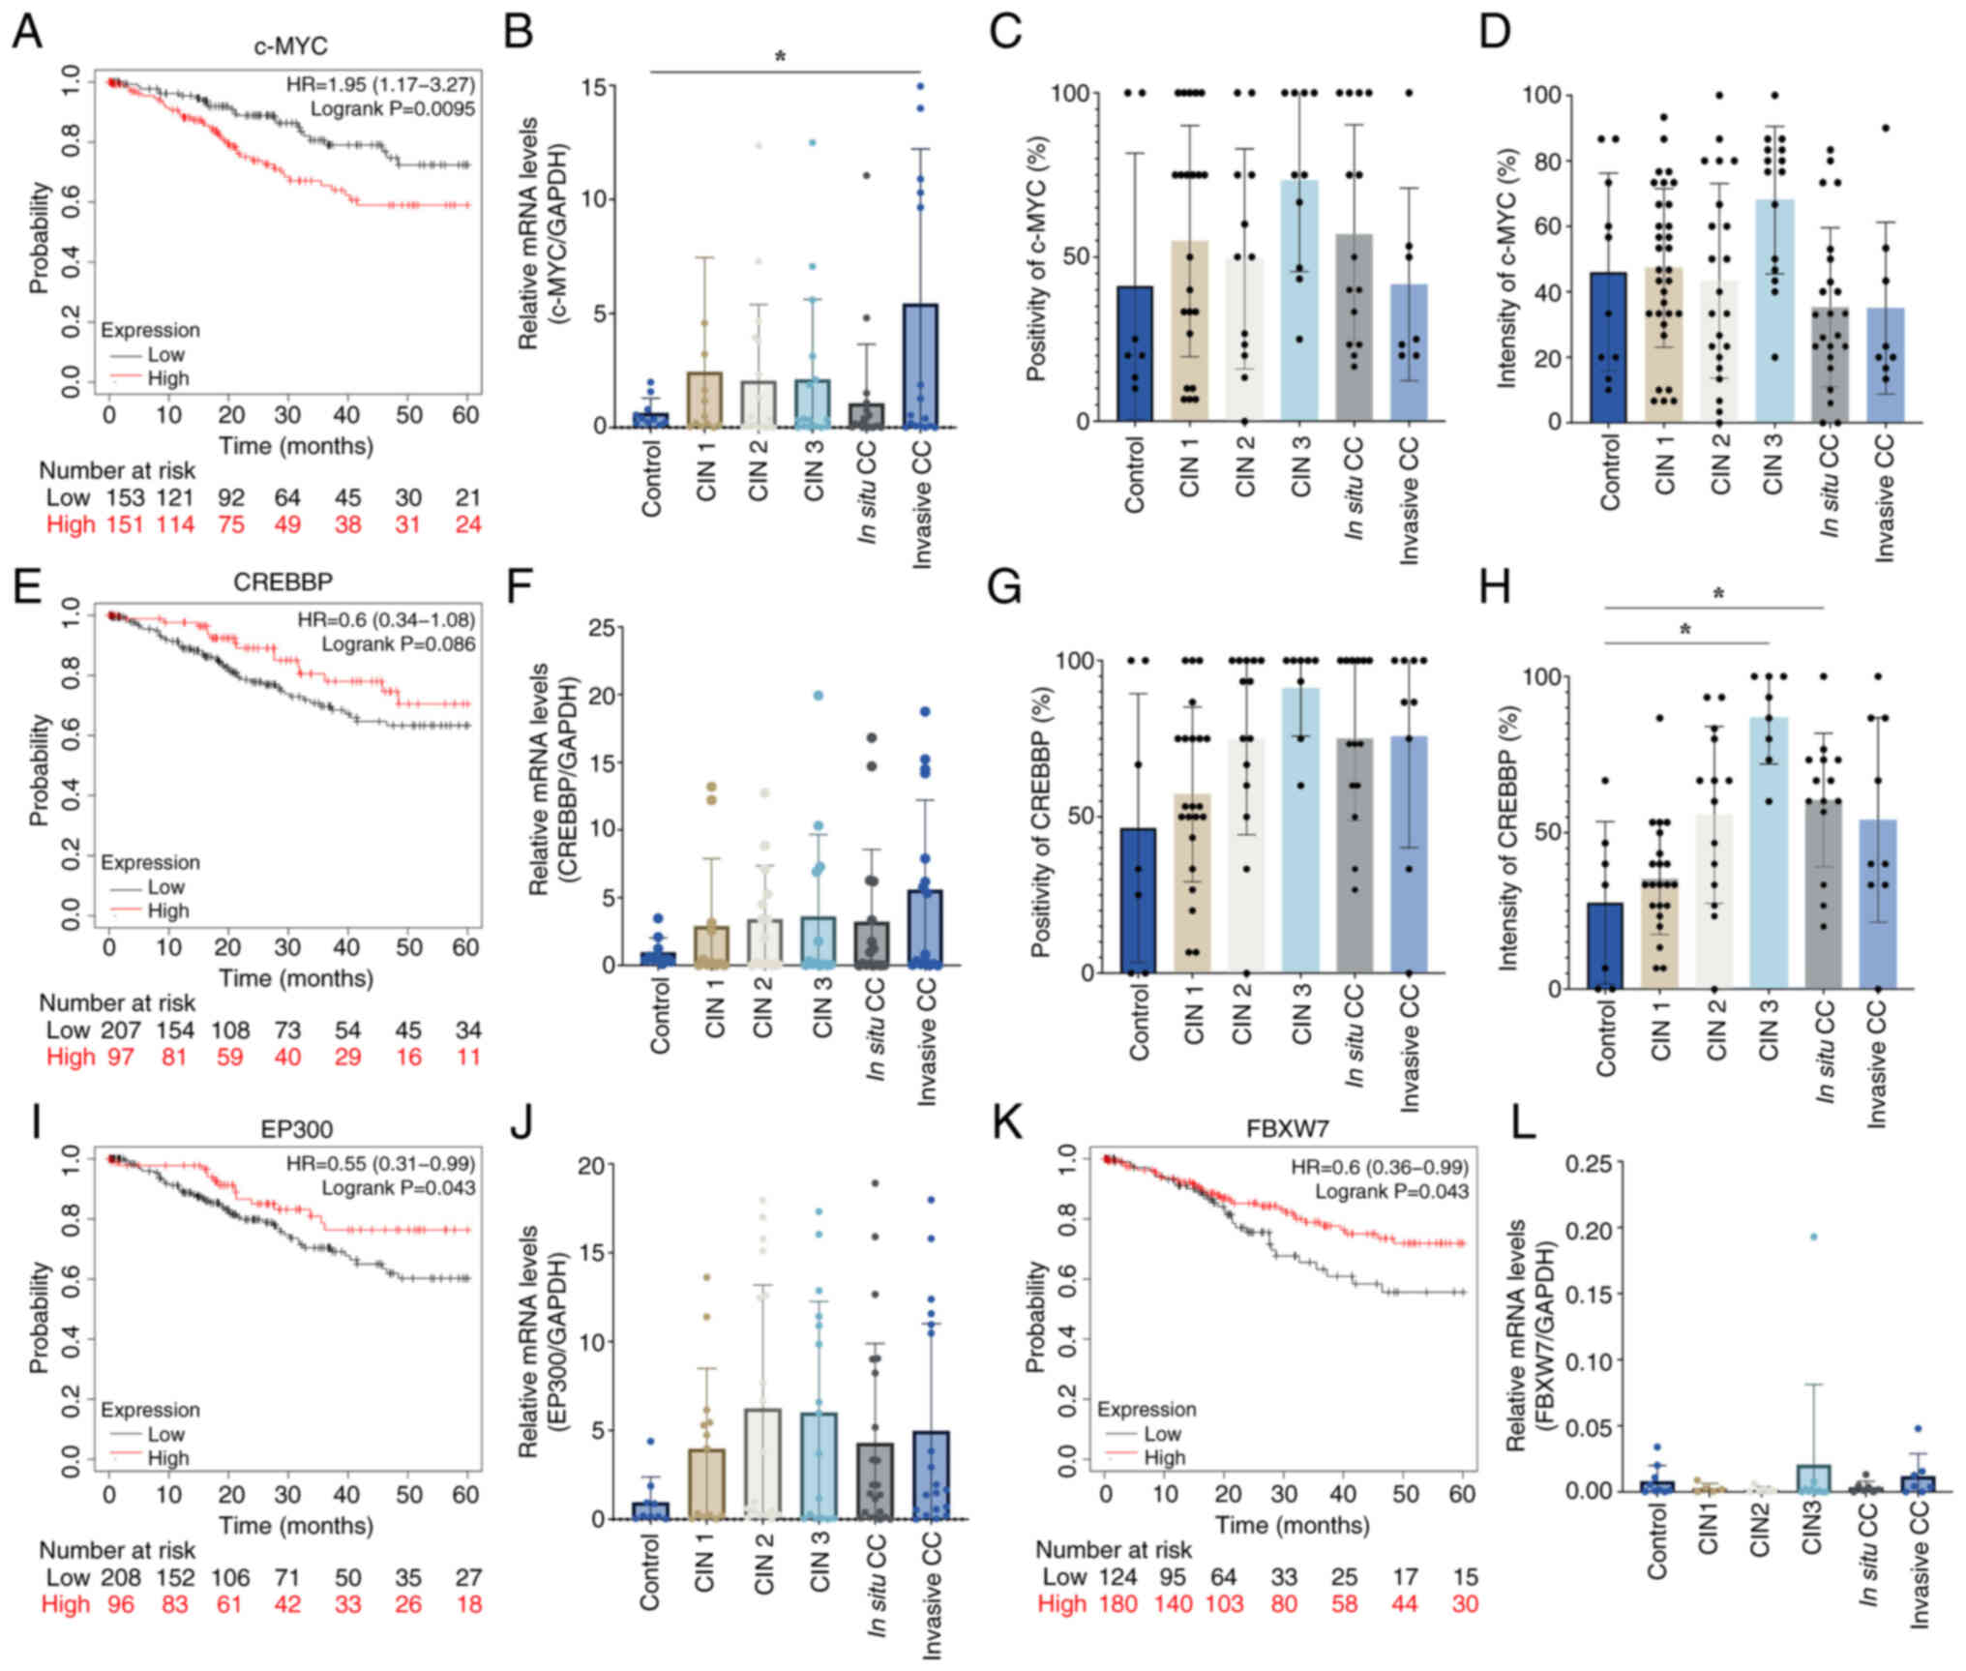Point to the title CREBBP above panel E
[x=283, y=582]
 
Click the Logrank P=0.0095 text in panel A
[x=392, y=109]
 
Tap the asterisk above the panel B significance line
[x=780, y=57]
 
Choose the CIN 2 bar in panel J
[x=763, y=1463]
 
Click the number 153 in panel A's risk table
[x=125, y=497]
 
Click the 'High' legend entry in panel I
[x=167, y=1457]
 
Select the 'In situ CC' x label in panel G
[x=1355, y=1033]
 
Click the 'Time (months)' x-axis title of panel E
[x=295, y=978]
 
